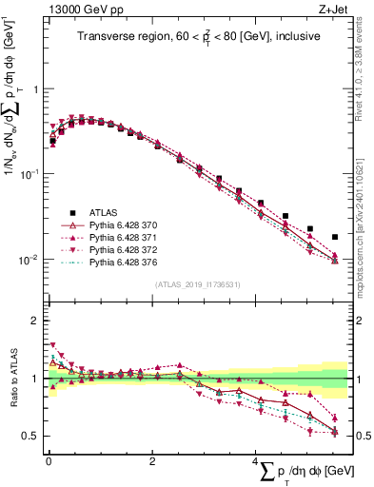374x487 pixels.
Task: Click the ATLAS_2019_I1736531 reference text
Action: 198,284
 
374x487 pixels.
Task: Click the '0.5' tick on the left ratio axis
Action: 30,437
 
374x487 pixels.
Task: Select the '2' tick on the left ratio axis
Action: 34,321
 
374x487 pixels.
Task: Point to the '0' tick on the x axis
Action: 48,461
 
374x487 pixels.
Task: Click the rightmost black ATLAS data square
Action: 334,237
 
